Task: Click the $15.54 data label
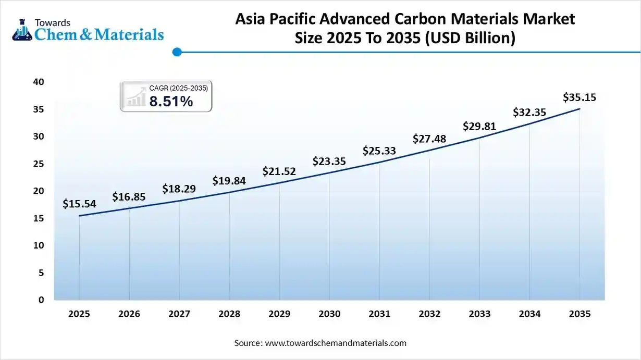(79, 204)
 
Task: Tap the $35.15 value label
(580, 97)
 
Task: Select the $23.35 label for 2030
(329, 162)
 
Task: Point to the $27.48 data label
(429, 139)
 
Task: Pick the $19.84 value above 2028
(229, 181)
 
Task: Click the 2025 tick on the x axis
(79, 314)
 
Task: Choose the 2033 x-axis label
(479, 314)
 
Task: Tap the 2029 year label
(279, 314)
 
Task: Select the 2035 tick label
(580, 314)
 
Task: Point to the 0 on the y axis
(41, 300)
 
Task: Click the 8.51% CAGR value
(171, 102)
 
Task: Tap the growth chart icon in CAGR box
(135, 97)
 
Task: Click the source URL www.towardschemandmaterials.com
(336, 343)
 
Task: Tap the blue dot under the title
(177, 52)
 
